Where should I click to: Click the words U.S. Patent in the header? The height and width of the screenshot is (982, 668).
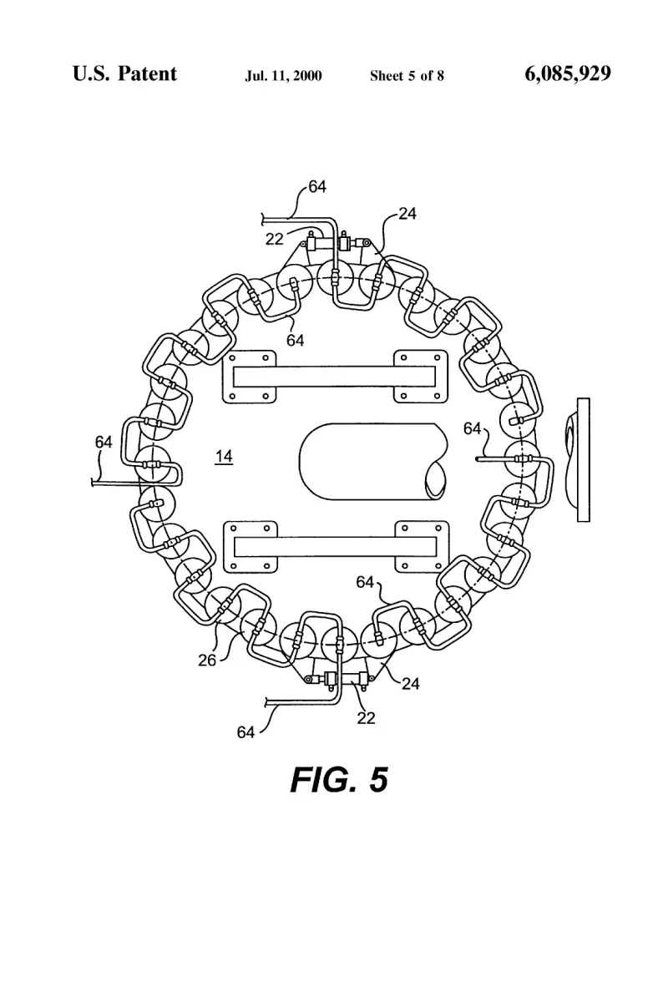pos(124,73)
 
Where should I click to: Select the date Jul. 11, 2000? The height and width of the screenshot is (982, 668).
pos(284,76)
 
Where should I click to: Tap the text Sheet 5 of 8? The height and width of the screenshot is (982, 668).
pos(407,76)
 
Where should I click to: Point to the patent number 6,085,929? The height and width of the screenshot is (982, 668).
pos(568,73)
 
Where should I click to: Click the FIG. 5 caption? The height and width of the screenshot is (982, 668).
pos(339,780)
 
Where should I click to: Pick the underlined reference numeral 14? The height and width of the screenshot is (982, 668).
pos(224,457)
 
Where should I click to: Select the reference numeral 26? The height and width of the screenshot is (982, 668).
pos(207,660)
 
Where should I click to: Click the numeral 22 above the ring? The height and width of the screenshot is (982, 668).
pos(274,239)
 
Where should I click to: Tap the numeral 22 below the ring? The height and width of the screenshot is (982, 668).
pos(366,718)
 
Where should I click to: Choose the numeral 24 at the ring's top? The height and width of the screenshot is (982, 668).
pos(407,214)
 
